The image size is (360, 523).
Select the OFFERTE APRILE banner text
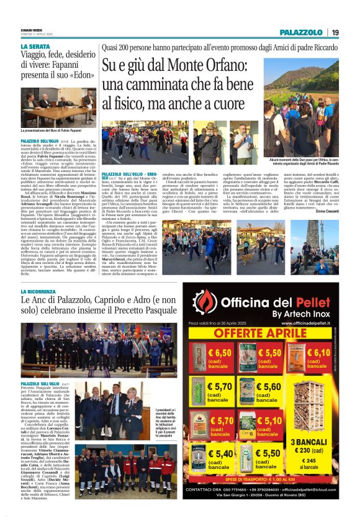pos(267,334)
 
